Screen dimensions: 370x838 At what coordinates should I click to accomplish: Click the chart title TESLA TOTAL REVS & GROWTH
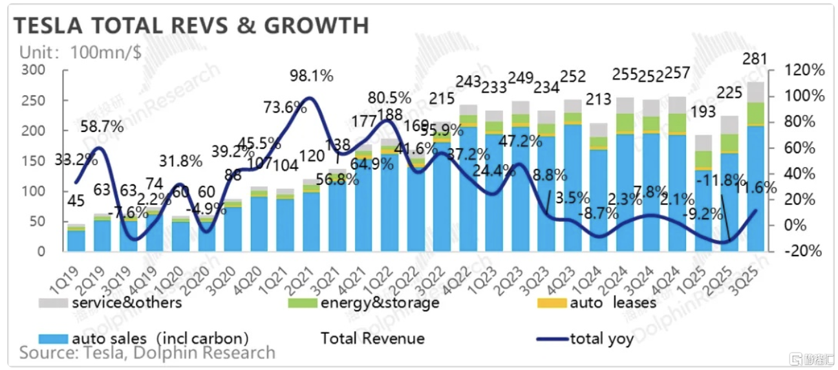click(x=191, y=25)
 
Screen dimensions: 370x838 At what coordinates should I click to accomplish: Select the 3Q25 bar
click(x=755, y=168)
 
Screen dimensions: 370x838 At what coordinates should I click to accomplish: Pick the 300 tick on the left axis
click(x=34, y=71)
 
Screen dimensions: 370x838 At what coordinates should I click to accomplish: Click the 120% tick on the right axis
click(x=802, y=71)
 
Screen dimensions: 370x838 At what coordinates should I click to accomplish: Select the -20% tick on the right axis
click(x=802, y=251)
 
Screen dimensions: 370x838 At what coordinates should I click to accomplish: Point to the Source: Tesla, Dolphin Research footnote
click(x=147, y=353)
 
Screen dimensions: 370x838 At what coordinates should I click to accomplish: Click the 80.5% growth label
click(x=389, y=98)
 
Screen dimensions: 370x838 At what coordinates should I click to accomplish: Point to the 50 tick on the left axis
click(x=38, y=221)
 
